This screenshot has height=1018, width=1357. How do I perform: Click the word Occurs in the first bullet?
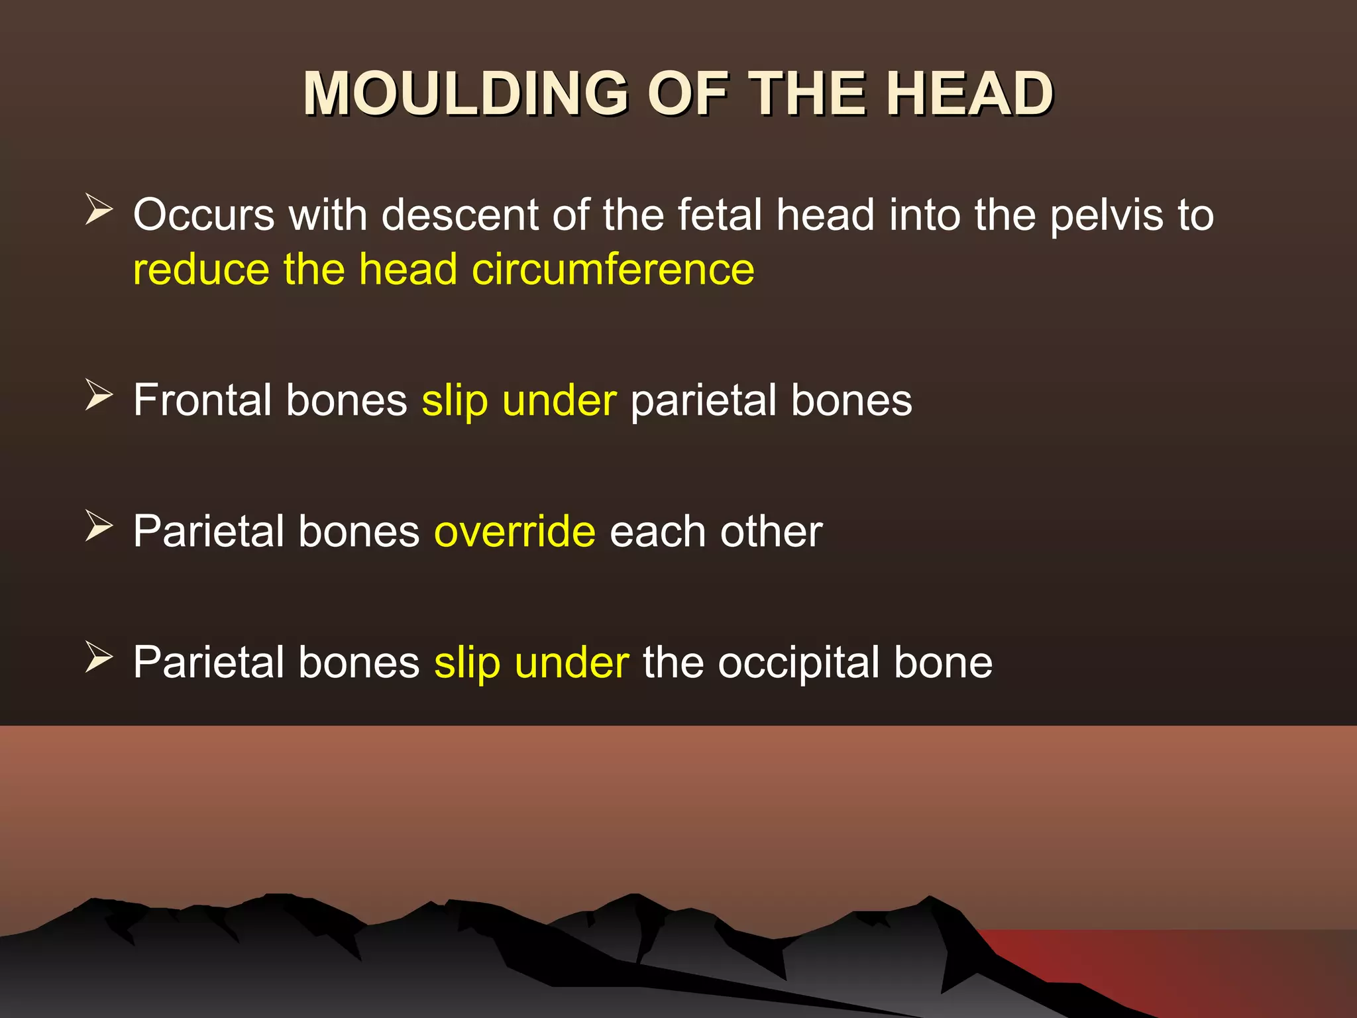click(203, 215)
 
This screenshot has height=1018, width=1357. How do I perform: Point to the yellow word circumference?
click(613, 270)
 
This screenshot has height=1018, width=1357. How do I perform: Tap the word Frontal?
click(201, 400)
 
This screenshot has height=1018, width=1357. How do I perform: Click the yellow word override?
click(515, 532)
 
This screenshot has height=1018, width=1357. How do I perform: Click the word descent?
click(460, 215)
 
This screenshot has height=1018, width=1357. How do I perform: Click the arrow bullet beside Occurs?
click(99, 210)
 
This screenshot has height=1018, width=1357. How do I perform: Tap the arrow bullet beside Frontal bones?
click(99, 396)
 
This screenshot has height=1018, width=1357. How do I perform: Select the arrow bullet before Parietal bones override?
click(99, 527)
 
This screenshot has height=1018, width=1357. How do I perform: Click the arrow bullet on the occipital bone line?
click(99, 658)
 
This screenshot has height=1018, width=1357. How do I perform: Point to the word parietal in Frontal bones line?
click(703, 401)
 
